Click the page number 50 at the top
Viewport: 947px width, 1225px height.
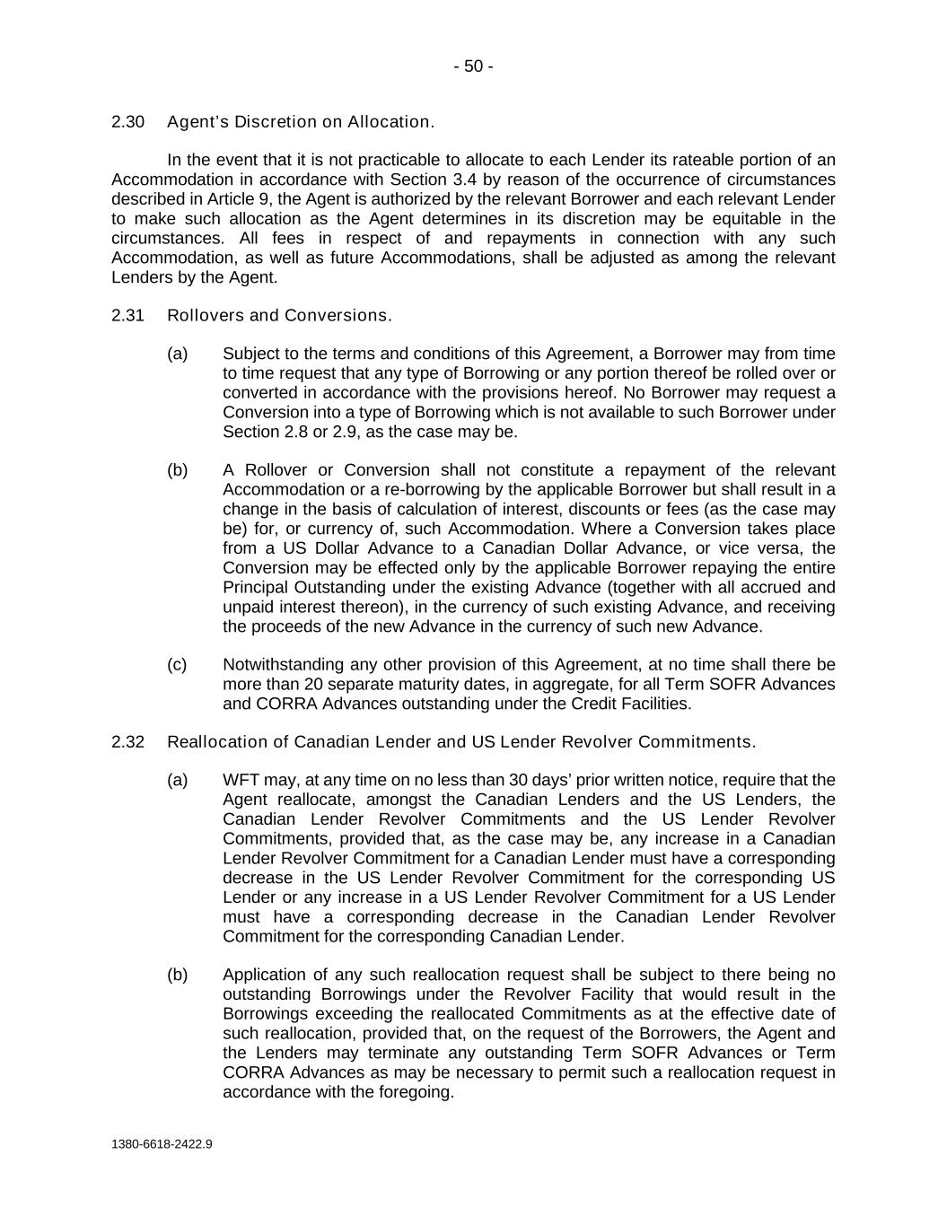click(x=473, y=66)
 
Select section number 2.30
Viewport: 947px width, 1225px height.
click(x=128, y=122)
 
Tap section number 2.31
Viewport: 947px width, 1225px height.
click(x=128, y=316)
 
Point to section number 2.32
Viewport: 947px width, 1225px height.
click(x=128, y=742)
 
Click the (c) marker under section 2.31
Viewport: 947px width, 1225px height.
click(x=177, y=665)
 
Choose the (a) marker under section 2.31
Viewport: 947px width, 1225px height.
click(x=177, y=354)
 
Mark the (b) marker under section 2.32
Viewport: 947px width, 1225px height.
click(x=177, y=975)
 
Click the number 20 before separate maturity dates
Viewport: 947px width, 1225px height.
click(x=292, y=685)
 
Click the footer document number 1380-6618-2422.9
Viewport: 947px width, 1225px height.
click(x=162, y=1144)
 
